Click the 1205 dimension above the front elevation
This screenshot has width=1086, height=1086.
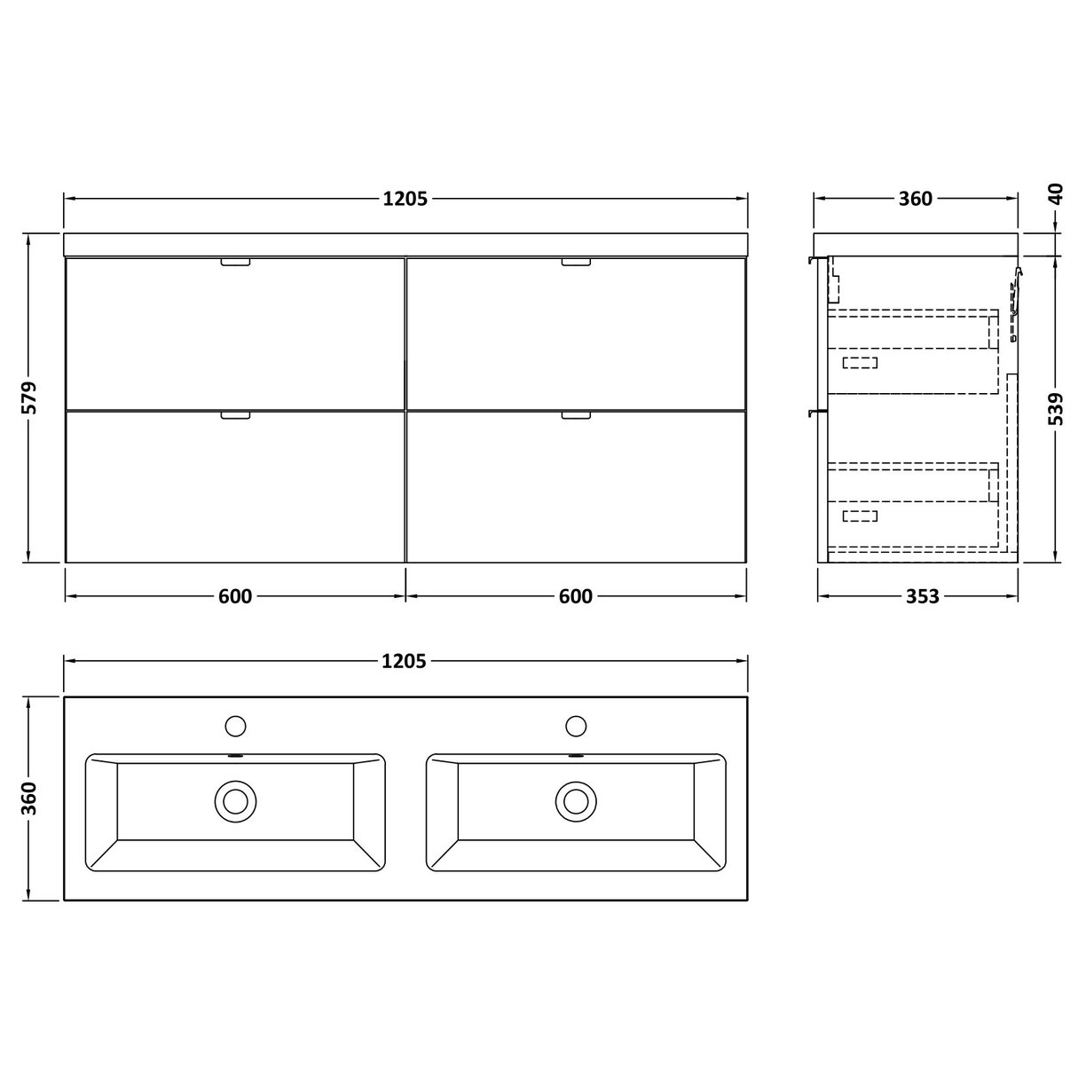point(405,199)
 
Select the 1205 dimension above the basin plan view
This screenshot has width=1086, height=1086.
point(405,661)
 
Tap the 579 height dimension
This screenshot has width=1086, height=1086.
point(30,397)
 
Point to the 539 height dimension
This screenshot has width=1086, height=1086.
point(1055,410)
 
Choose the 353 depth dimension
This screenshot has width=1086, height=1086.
point(922,596)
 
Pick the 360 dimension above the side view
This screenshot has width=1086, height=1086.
point(916,199)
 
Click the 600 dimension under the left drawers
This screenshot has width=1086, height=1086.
point(235,596)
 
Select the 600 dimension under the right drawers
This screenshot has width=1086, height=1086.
point(576,596)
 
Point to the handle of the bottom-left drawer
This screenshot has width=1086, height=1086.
point(236,414)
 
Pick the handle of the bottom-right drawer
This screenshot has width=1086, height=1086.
point(576,414)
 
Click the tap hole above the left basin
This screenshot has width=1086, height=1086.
point(235,725)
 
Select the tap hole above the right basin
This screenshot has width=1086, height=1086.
point(576,725)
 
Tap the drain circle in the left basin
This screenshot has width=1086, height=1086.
point(235,801)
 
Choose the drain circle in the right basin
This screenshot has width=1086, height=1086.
point(576,801)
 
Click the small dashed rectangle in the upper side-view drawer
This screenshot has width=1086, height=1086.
point(859,362)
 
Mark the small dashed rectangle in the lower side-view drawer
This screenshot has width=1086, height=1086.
point(859,515)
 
